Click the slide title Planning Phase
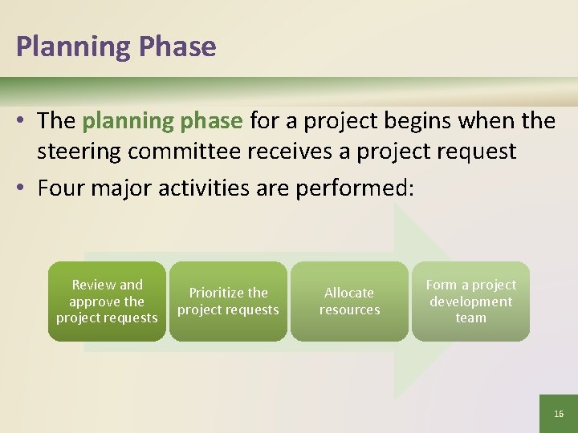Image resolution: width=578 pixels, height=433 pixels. pyautogui.click(x=116, y=47)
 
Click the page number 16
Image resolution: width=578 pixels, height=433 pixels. pyautogui.click(x=559, y=414)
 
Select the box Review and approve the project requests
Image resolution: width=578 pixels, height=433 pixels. pyautogui.click(x=107, y=301)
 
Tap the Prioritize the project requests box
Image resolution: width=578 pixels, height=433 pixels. pyautogui.click(x=228, y=301)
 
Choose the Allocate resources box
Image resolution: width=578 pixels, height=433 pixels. pyautogui.click(x=349, y=301)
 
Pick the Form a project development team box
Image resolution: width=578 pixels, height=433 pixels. pyautogui.click(x=470, y=301)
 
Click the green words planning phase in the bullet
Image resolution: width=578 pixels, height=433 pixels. pyautogui.click(x=162, y=121)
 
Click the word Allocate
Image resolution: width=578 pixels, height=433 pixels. pyautogui.click(x=349, y=293)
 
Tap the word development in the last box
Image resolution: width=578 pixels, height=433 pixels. pyautogui.click(x=470, y=301)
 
